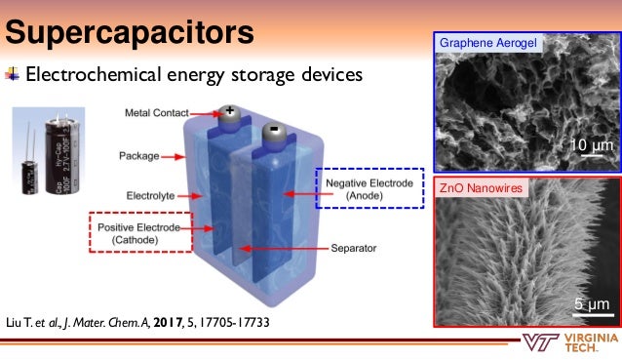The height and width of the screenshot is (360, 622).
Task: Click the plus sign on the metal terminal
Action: [230, 111]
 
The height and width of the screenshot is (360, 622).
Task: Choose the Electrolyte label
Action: [149, 195]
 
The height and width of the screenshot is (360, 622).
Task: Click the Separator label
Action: [352, 249]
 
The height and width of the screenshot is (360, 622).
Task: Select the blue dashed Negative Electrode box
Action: [369, 188]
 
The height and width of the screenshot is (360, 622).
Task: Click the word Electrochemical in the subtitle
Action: [89, 74]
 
